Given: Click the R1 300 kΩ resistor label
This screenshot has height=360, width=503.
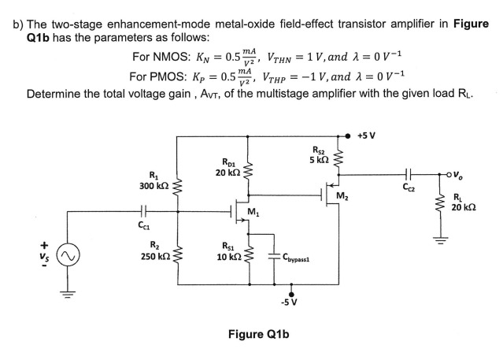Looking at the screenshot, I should point(151,180).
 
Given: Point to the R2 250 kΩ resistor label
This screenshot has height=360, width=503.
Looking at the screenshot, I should point(151,252).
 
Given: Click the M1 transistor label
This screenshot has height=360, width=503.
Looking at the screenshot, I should point(253,211).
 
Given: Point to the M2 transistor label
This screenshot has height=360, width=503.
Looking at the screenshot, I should point(342,196).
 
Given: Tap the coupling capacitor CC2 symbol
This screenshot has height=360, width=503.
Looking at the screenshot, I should point(407,175).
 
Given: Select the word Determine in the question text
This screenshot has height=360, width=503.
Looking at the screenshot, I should point(56,94).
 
